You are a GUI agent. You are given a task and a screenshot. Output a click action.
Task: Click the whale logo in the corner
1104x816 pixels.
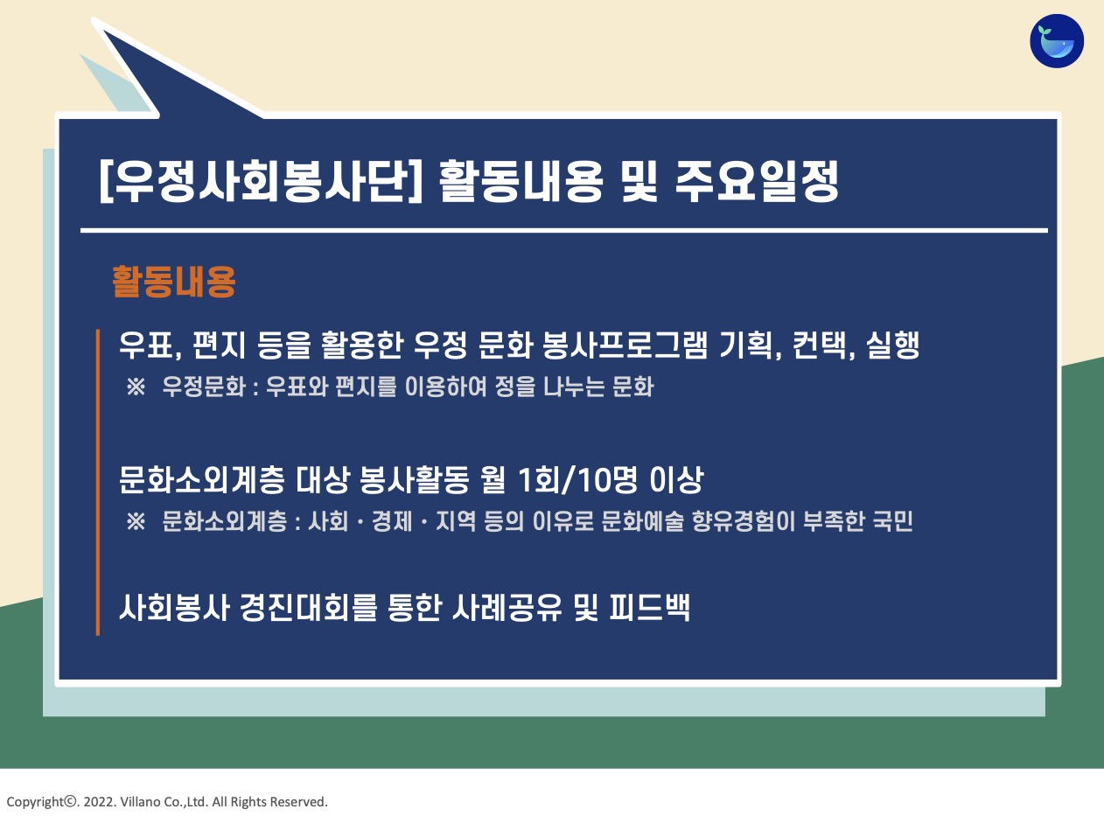coord(1057,41)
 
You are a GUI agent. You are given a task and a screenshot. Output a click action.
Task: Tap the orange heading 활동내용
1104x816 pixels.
coord(174,282)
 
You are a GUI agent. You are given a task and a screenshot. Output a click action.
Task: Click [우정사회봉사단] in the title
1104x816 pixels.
coord(261,181)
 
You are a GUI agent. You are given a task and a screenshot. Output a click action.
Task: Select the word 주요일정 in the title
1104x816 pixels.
coord(757,181)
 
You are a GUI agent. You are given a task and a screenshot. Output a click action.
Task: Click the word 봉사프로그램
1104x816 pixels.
coord(625,345)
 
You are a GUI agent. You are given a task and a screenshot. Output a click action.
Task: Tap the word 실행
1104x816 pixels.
coord(893,345)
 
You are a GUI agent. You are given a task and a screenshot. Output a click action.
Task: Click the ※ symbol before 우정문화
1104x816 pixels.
coord(136,387)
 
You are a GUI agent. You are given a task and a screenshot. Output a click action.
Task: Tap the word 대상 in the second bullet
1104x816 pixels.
coord(322,480)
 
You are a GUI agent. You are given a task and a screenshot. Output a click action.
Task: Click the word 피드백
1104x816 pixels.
coord(650,607)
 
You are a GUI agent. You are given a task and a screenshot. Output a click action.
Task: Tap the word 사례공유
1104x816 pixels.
coord(507,607)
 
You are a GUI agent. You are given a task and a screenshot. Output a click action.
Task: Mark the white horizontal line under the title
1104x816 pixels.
coord(564,231)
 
